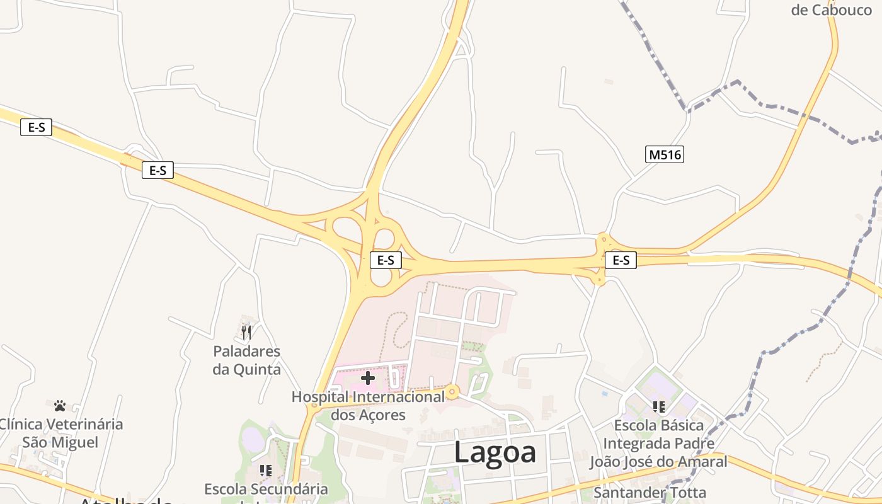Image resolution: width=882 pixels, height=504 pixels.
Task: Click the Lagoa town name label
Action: pyautogui.click(x=495, y=452)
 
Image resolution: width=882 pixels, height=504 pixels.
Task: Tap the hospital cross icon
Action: pyautogui.click(x=368, y=378)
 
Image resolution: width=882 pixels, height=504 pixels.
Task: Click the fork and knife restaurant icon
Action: pyautogui.click(x=246, y=331)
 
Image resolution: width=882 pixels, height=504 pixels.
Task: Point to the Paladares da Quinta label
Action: pyautogui.click(x=246, y=360)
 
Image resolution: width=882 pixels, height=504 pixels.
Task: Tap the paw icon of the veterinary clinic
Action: pyautogui.click(x=60, y=406)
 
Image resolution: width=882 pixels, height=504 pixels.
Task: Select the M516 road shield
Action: pyautogui.click(x=665, y=154)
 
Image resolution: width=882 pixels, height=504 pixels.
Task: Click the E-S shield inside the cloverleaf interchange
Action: pyautogui.click(x=386, y=260)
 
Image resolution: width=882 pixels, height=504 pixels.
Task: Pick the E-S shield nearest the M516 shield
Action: pyautogui.click(x=621, y=260)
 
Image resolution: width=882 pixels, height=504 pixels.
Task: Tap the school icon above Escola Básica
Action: pyautogui.click(x=658, y=407)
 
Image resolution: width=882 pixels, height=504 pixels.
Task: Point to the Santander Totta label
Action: pyautogui.click(x=650, y=492)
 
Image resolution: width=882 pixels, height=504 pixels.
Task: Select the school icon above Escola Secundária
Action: pyautogui.click(x=266, y=470)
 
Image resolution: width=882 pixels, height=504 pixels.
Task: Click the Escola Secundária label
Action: pyautogui.click(x=266, y=490)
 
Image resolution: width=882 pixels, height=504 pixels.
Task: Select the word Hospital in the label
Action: pyautogui.click(x=319, y=398)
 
